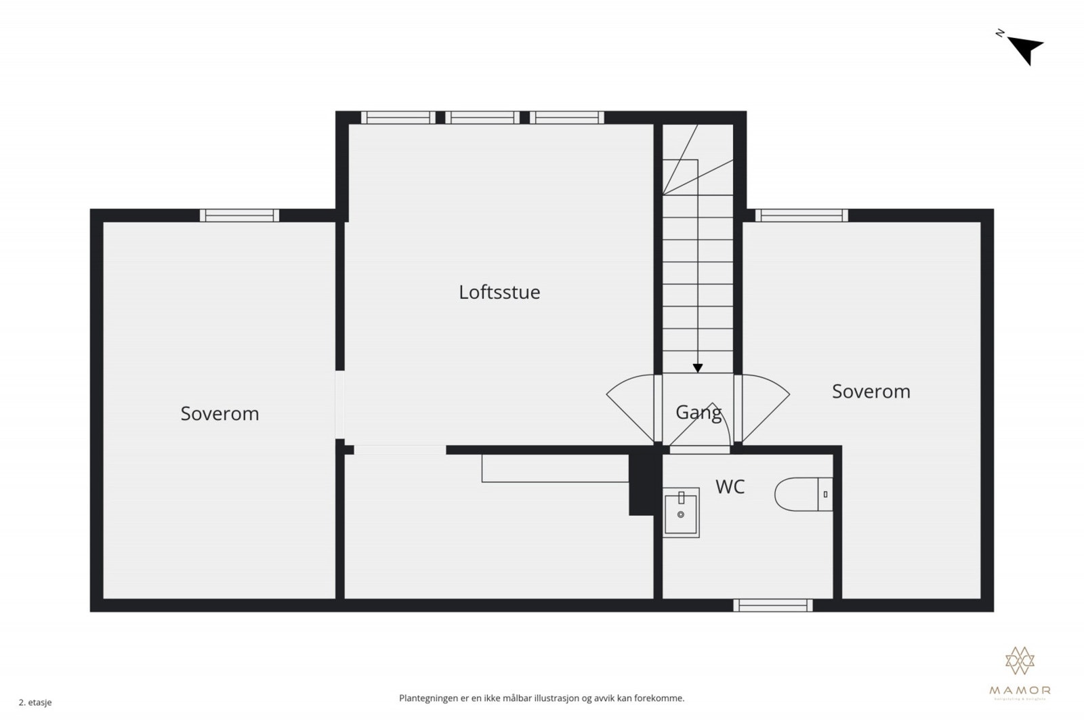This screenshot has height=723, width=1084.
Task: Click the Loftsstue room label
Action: (x=499, y=292)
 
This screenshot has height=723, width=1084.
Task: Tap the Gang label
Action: (x=698, y=412)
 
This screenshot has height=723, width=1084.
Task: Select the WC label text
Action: (x=730, y=487)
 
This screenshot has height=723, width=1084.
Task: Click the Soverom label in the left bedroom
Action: (x=220, y=413)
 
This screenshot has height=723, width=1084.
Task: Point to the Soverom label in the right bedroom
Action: (x=871, y=391)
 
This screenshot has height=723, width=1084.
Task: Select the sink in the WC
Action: (x=681, y=512)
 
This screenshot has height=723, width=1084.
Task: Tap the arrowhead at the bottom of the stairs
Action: (x=697, y=369)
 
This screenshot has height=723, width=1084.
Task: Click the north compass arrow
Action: (x=1026, y=48)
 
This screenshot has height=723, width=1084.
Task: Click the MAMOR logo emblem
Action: (x=1020, y=661)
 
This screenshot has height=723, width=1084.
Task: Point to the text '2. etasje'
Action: (x=35, y=703)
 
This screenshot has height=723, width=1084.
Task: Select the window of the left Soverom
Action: (x=239, y=215)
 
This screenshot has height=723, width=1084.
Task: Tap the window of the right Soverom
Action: (x=801, y=215)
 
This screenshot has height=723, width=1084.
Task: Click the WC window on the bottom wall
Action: (x=773, y=605)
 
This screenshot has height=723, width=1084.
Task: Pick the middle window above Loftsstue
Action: (x=482, y=117)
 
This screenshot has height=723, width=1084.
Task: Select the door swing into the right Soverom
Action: (x=764, y=407)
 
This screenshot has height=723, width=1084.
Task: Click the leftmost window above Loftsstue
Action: (x=398, y=117)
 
